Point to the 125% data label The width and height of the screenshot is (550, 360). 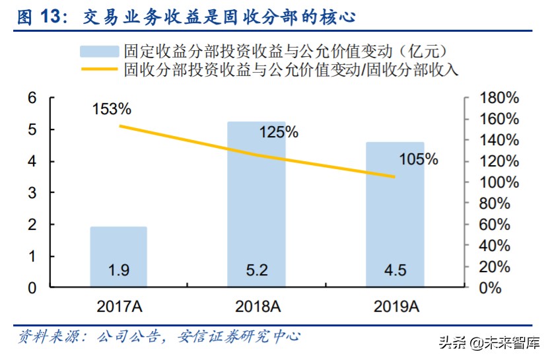278,132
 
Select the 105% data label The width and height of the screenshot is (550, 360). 418,159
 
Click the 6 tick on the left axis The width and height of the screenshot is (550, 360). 31,98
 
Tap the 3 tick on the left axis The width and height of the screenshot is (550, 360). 31,193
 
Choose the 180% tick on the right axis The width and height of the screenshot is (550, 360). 498,98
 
